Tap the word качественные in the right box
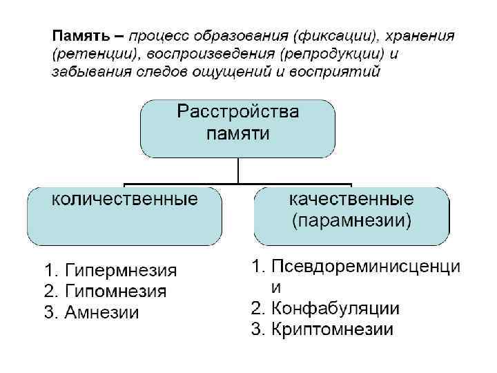pos(351,200)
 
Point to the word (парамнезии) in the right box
pos(351,221)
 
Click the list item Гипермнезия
pos(120,270)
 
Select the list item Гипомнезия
pos(115,291)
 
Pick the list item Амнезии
pos(101,312)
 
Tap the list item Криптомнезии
pos(332,329)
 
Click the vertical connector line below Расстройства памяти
pos(237,171)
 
